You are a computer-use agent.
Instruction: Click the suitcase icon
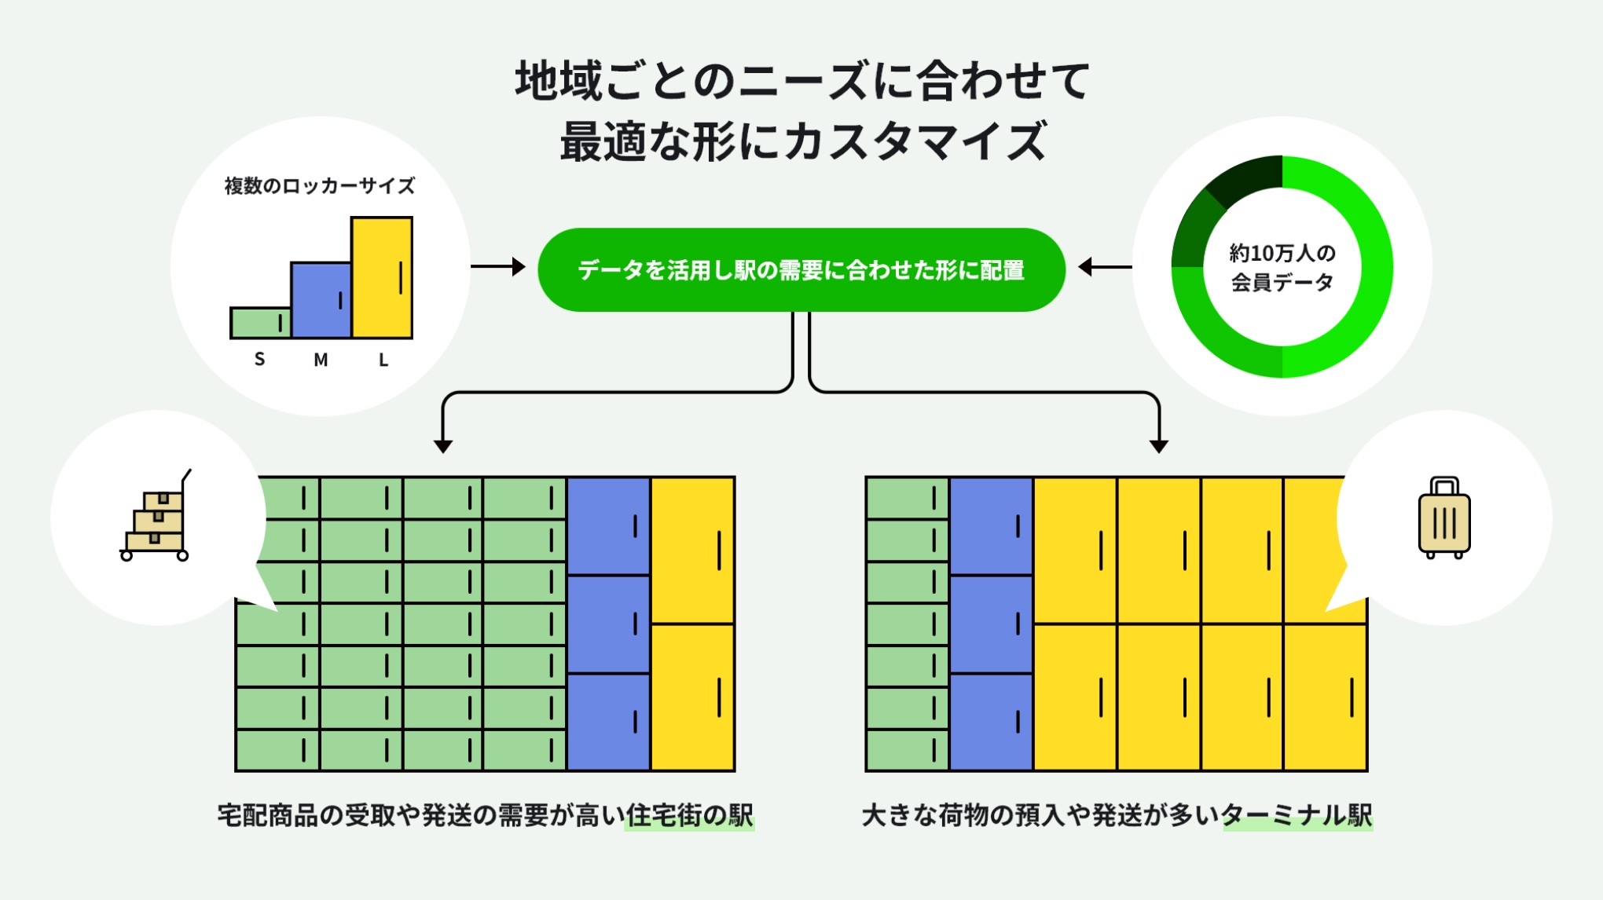click(x=1444, y=518)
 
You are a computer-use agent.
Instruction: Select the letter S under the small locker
click(x=259, y=360)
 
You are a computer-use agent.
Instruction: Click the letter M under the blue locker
click(x=321, y=360)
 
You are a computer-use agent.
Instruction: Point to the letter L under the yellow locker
click(x=383, y=360)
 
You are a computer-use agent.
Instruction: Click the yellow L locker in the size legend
click(x=382, y=277)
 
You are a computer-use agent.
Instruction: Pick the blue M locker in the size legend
click(x=321, y=300)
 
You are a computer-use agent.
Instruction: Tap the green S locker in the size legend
click(x=260, y=323)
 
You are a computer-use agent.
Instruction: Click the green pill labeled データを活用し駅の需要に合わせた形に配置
click(x=801, y=270)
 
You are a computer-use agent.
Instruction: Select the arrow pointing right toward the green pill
click(x=500, y=267)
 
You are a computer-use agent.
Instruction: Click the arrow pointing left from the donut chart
click(x=1103, y=267)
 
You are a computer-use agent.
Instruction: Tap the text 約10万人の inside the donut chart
click(x=1282, y=253)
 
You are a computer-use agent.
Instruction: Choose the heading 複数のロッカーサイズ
click(x=319, y=186)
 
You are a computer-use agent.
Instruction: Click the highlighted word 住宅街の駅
click(x=689, y=816)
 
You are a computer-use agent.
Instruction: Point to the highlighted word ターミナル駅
click(x=1297, y=816)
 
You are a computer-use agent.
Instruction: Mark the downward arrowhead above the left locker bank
click(x=443, y=446)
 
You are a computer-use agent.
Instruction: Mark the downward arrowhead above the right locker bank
click(x=1159, y=446)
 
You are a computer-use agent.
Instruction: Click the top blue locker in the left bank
click(x=607, y=526)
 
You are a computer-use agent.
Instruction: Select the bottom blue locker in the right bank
click(x=991, y=722)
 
